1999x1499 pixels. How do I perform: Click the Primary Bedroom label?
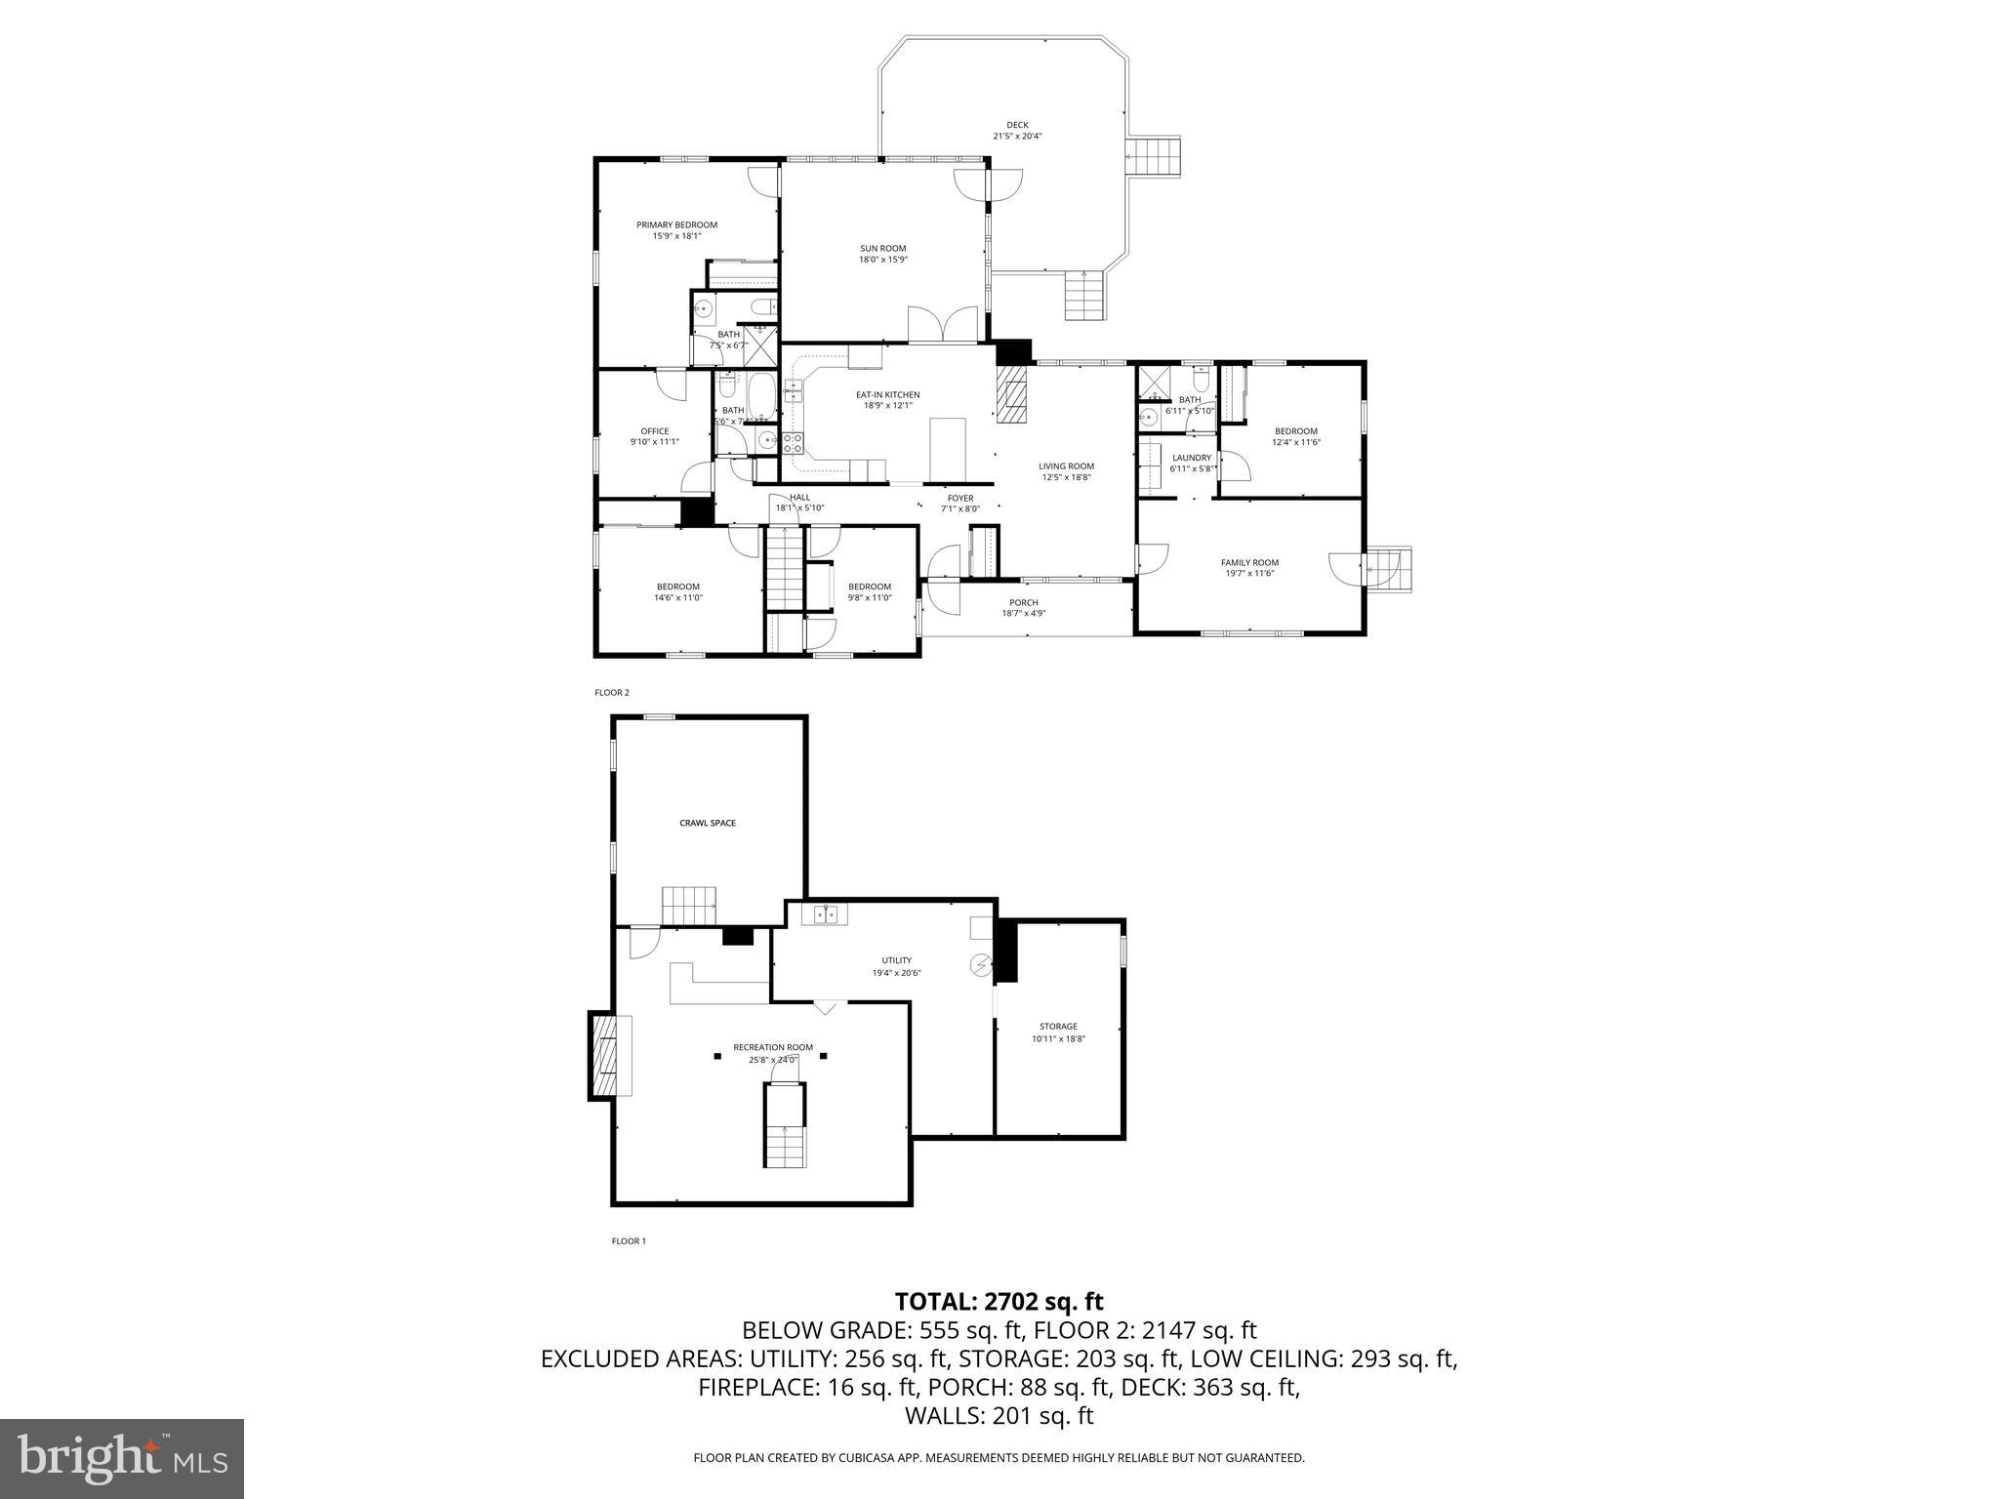[x=676, y=224]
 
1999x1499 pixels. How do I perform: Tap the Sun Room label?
[x=882, y=248]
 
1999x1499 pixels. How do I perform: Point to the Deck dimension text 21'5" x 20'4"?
[x=1017, y=137]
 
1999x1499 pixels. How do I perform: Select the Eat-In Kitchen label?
[x=887, y=394]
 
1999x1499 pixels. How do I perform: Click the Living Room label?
[x=1066, y=466]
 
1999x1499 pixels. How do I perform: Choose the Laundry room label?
[x=1191, y=458]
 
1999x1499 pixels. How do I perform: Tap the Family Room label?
[x=1249, y=562]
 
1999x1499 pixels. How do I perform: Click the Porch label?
[x=1023, y=602]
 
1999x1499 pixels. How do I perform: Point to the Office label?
[x=654, y=431]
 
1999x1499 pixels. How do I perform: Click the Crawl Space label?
[x=708, y=823]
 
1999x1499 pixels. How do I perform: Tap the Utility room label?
[x=896, y=960]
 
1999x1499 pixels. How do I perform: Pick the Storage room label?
[x=1058, y=1026]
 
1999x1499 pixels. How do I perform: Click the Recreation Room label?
[x=773, y=1047]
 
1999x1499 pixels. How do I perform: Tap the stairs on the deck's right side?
[x=1154, y=156]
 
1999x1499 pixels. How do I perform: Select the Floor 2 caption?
[x=612, y=693]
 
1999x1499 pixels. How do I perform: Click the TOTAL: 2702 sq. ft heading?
[x=999, y=1301]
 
